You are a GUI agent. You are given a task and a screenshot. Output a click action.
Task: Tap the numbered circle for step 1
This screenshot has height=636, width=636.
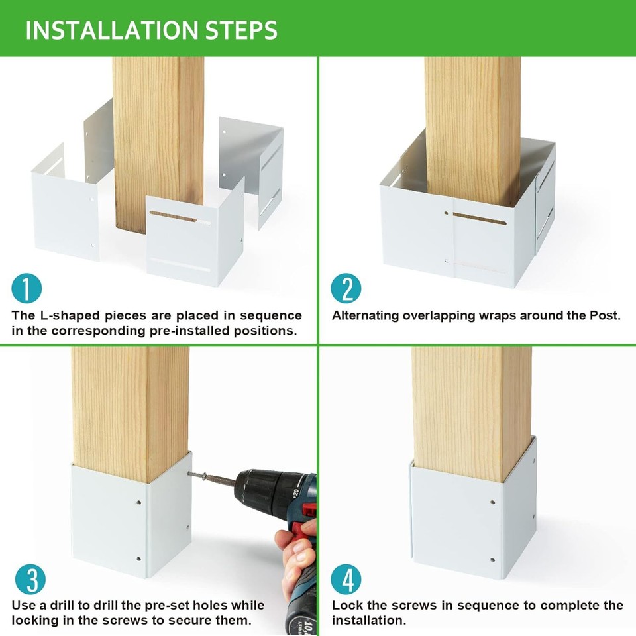point(27,289)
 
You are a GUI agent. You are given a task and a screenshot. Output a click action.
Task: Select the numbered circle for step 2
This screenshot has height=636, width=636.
point(346,289)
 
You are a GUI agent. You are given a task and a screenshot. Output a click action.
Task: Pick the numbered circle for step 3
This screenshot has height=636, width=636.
point(27,580)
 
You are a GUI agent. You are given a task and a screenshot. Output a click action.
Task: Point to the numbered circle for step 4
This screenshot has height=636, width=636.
point(346,580)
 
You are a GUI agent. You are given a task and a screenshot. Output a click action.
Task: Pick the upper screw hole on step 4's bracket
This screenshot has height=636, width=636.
point(493,502)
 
